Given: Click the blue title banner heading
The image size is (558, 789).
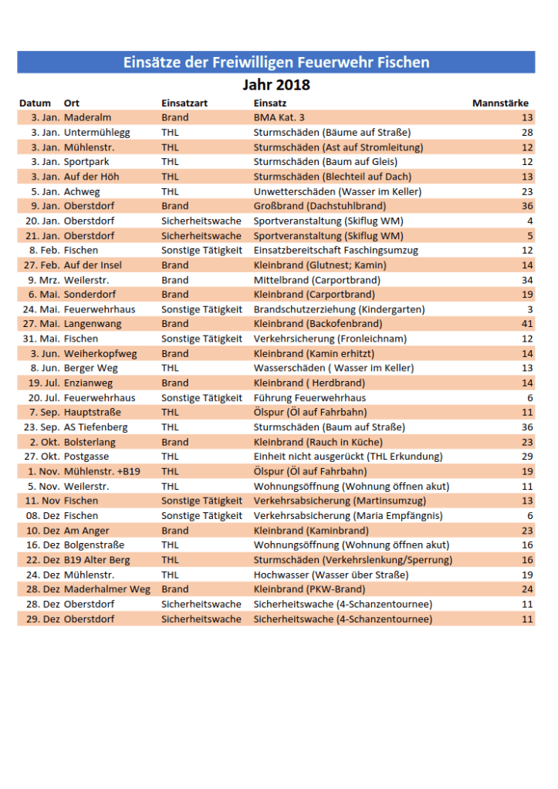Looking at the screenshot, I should tap(276, 62).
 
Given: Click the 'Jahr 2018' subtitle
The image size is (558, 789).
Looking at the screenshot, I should tap(276, 84).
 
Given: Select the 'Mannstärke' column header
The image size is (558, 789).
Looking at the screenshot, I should tap(500, 103).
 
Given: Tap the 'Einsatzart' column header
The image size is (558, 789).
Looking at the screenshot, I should tap(184, 103).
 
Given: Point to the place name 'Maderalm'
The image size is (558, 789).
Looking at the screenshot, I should tap(88, 117).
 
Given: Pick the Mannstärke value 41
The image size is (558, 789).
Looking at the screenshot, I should tap(527, 324).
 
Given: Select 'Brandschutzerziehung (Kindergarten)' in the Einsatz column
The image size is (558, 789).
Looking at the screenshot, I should tap(339, 309).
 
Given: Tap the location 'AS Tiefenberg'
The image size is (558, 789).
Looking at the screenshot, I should tap(96, 427).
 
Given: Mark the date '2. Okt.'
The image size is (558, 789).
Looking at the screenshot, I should tap(45, 442).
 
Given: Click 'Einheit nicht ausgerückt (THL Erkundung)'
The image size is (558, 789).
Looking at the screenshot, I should tap(348, 457).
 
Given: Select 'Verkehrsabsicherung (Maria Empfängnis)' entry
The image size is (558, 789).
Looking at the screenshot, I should tap(347, 515).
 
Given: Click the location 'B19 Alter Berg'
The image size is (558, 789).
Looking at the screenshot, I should tap(97, 560).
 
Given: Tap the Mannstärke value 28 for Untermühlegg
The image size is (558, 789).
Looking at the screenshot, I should tap(527, 132).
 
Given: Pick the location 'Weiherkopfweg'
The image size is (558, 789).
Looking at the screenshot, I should tap(100, 353).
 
